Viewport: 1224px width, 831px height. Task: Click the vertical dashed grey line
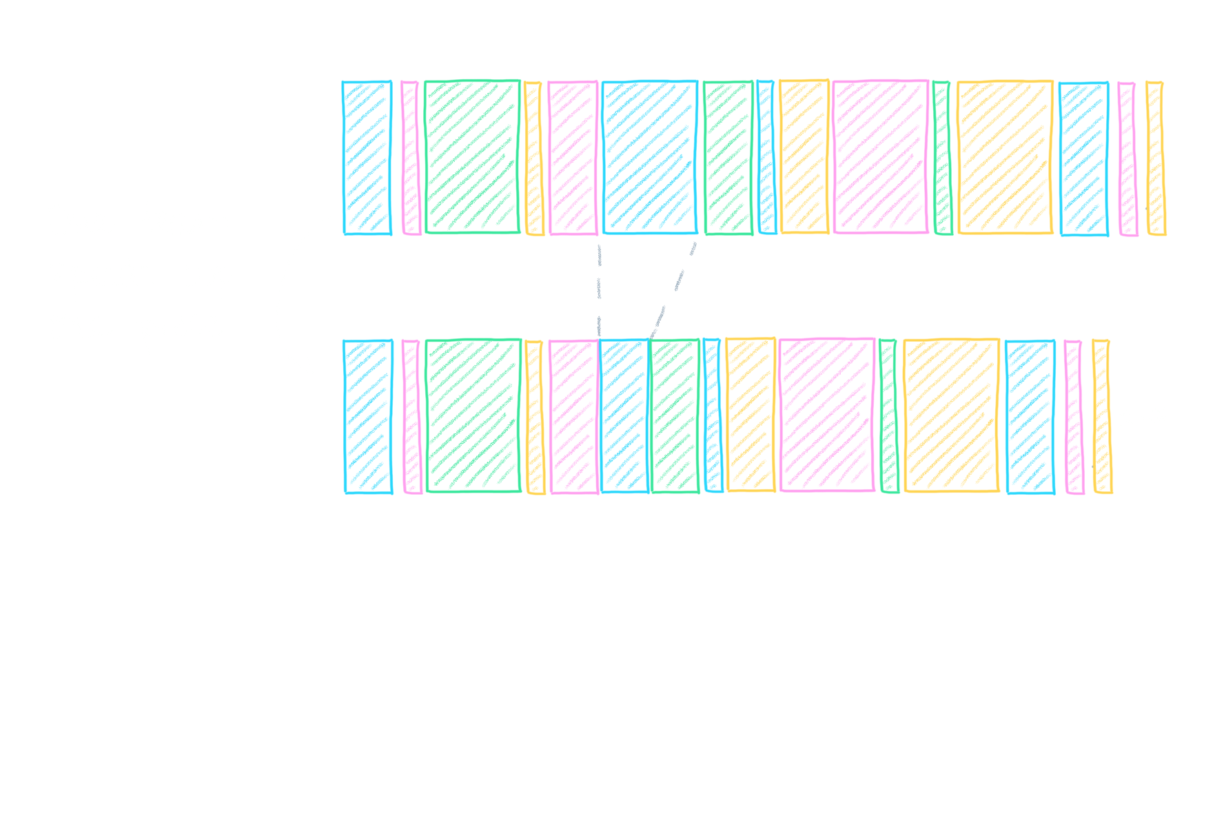coord(600,289)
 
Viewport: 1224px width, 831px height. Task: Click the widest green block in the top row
coord(472,157)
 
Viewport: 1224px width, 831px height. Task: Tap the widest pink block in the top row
coord(880,157)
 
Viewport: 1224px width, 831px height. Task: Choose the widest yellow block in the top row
coord(1006,157)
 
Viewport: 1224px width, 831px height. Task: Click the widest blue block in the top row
coord(649,157)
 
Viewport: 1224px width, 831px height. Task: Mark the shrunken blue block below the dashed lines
coord(624,415)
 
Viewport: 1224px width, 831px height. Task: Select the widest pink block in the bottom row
coord(826,415)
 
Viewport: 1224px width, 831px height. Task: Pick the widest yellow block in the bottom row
coord(951,415)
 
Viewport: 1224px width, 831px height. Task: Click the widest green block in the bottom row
coord(473,415)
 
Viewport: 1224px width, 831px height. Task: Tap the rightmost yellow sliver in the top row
coord(1155,158)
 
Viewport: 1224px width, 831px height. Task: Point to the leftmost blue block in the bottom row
coord(368,416)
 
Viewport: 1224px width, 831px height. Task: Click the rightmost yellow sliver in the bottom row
coord(1101,416)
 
